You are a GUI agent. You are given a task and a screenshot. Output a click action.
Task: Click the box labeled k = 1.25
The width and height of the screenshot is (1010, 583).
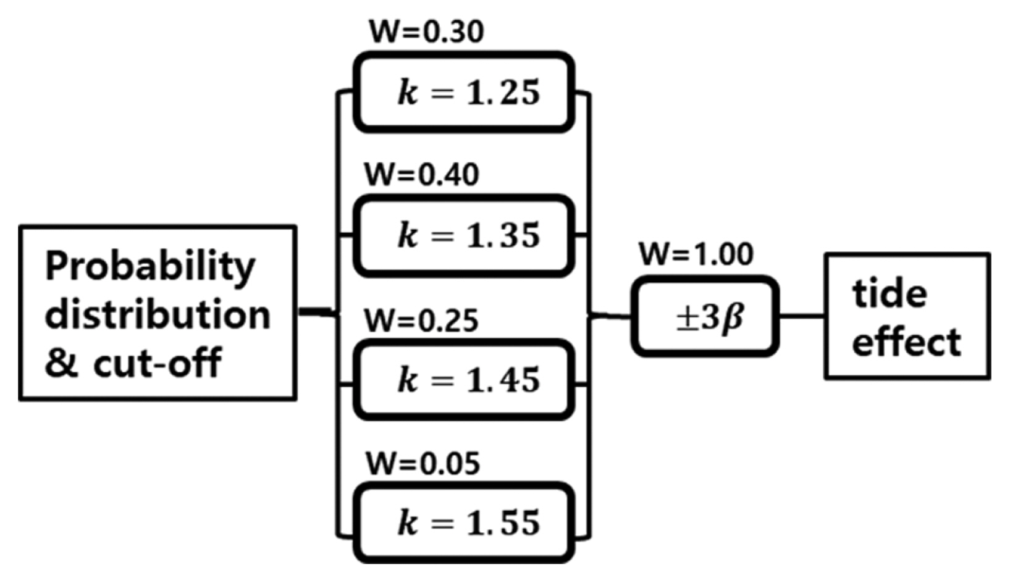pos(463,93)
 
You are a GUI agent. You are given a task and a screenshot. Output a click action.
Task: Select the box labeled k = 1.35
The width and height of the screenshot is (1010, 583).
pos(463,236)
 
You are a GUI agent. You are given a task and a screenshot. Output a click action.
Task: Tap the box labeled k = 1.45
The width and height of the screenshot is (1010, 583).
pos(463,380)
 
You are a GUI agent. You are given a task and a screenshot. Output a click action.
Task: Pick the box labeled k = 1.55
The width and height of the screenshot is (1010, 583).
pos(463,523)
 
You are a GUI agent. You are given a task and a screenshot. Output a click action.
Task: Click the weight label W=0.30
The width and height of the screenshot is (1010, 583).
pos(426,32)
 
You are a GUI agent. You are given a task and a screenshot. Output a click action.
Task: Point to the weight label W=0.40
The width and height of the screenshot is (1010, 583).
pos(422,175)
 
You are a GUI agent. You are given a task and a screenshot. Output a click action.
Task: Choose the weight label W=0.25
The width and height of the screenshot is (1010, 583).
pos(421,321)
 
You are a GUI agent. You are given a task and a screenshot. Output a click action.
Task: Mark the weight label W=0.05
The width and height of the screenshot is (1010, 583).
pos(423,464)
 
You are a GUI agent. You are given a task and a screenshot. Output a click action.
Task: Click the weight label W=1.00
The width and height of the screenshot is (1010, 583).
pos(696,254)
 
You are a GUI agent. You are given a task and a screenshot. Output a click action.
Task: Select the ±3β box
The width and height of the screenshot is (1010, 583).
pos(705,317)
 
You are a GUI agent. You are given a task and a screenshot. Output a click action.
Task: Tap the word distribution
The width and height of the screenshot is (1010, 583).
pos(158,315)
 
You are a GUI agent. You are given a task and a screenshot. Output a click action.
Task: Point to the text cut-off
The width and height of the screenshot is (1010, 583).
pos(157,363)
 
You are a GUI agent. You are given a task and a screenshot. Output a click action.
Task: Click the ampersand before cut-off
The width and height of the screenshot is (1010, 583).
pos(61,363)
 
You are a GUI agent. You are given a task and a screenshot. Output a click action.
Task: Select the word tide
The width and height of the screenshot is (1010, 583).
pos(890,293)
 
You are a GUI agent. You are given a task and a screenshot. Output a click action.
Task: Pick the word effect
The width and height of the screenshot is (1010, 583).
pos(906,342)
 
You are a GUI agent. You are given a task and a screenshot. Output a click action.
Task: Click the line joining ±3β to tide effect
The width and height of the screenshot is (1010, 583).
pos(801,316)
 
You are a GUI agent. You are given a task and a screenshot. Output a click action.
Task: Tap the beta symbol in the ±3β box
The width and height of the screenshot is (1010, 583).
pos(733,319)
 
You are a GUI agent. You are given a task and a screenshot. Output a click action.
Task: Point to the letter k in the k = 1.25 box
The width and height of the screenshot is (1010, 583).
pos(408,93)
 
